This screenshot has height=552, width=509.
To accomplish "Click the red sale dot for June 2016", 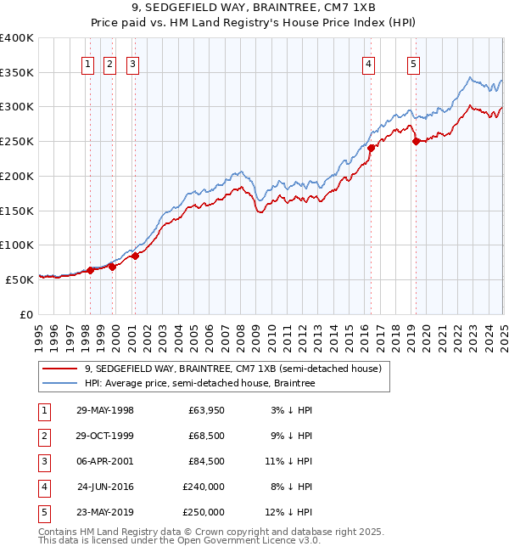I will [371, 148].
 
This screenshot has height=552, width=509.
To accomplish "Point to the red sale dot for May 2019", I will [416, 142].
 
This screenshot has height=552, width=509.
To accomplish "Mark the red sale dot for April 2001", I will [135, 256].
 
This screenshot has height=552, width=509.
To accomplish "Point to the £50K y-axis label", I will [19, 279].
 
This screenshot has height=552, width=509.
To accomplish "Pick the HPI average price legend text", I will [199, 383].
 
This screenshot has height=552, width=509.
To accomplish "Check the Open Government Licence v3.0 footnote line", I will [179, 540].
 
